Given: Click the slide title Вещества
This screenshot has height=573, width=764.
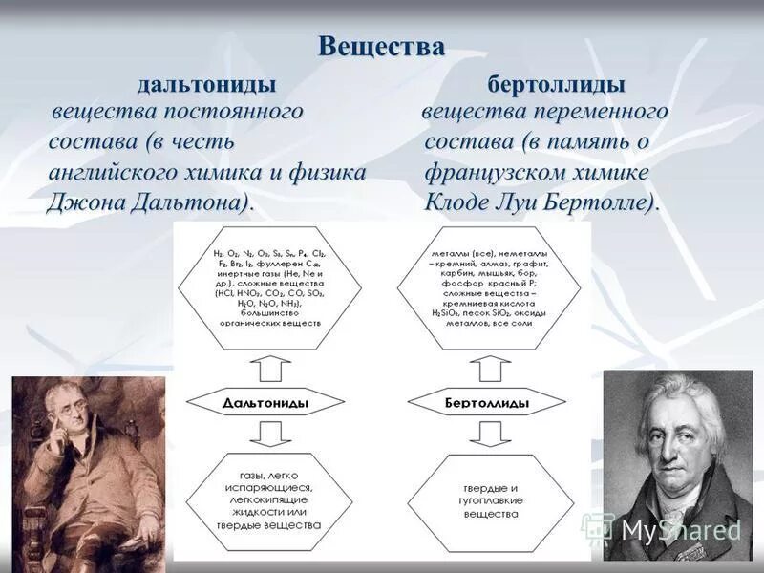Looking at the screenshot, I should point(381,46).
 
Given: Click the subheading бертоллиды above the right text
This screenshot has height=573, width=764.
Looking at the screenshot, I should point(557,84).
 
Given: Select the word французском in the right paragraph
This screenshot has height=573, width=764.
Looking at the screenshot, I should point(486,173).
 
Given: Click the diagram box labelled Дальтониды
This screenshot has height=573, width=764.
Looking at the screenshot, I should point(268,404).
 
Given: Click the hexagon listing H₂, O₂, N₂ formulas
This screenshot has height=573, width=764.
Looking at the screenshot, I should point(268,287).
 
